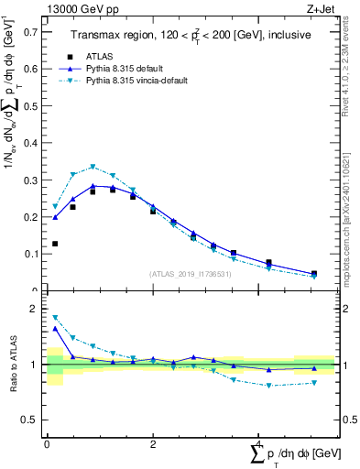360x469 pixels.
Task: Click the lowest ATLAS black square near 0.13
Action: (x=55, y=244)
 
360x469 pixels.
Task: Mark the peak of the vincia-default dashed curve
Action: (x=93, y=167)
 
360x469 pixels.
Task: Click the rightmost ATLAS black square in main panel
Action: (x=314, y=274)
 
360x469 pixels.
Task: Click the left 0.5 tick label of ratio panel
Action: (x=30, y=420)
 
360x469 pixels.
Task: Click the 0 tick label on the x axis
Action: (x=47, y=443)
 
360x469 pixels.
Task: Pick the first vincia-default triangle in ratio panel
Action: (x=55, y=317)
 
